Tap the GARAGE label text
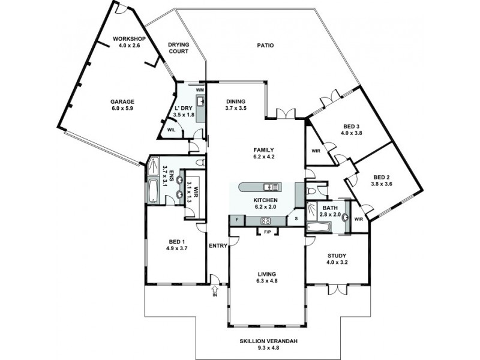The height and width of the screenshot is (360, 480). click(122, 102)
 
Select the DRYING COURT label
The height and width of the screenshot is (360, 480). click(178, 47)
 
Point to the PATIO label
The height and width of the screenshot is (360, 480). click(265, 45)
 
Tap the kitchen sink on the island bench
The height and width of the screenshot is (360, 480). click(270, 187)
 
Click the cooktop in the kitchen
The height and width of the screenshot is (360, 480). click(266, 221)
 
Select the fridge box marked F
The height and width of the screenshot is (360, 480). click(236, 221)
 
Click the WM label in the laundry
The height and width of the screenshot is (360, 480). click(200, 90)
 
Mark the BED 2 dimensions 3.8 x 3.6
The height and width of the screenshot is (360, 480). click(382, 184)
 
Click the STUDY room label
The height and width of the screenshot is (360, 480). click(336, 255)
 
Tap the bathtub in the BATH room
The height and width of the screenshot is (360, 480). click(319, 227)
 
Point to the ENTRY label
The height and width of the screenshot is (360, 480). click(217, 246)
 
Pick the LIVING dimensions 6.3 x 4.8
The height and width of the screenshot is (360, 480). click(266, 281)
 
